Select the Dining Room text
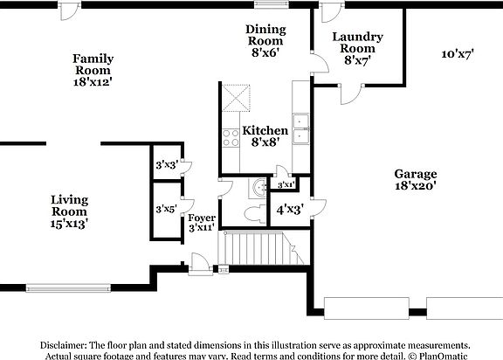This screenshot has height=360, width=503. point(264,40)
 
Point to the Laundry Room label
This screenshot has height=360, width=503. point(358,49)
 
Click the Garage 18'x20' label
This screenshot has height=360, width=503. point(415,179)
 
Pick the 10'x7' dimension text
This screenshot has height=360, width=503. point(457,54)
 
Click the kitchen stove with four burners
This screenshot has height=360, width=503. point(232,137)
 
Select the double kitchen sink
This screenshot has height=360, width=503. point(301,128)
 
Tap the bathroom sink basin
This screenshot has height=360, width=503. point(257,186)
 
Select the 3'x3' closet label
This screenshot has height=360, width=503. point(166,164)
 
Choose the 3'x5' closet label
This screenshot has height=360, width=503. point(166,210)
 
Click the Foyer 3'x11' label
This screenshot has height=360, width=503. point(202,222)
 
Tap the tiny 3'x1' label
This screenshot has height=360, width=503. point(286,185)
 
